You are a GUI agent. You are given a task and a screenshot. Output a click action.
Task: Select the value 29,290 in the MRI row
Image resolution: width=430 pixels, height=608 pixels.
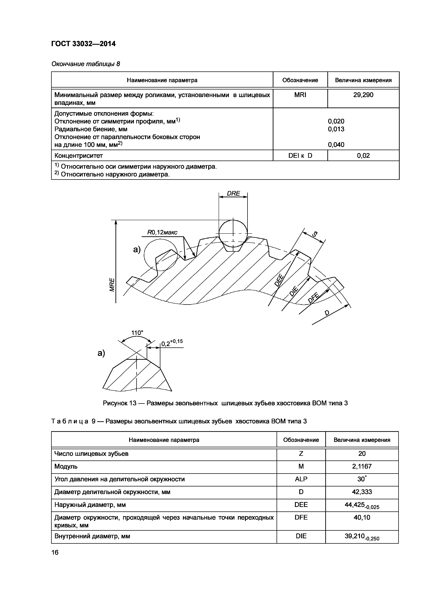click(x=363, y=95)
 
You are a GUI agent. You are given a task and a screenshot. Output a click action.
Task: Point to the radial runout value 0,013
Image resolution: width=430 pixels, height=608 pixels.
click(x=336, y=129)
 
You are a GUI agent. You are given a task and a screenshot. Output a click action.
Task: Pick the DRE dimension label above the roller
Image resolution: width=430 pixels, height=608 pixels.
click(x=233, y=194)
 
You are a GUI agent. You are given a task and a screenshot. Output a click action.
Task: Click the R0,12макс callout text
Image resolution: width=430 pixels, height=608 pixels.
click(x=162, y=232)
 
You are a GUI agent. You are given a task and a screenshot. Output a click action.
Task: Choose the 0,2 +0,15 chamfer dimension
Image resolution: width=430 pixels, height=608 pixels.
click(x=172, y=343)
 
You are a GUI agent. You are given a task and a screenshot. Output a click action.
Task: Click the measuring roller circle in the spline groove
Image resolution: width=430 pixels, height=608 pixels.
click(x=233, y=233)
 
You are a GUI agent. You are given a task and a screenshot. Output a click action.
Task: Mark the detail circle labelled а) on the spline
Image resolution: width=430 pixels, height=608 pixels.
click(x=161, y=255)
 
